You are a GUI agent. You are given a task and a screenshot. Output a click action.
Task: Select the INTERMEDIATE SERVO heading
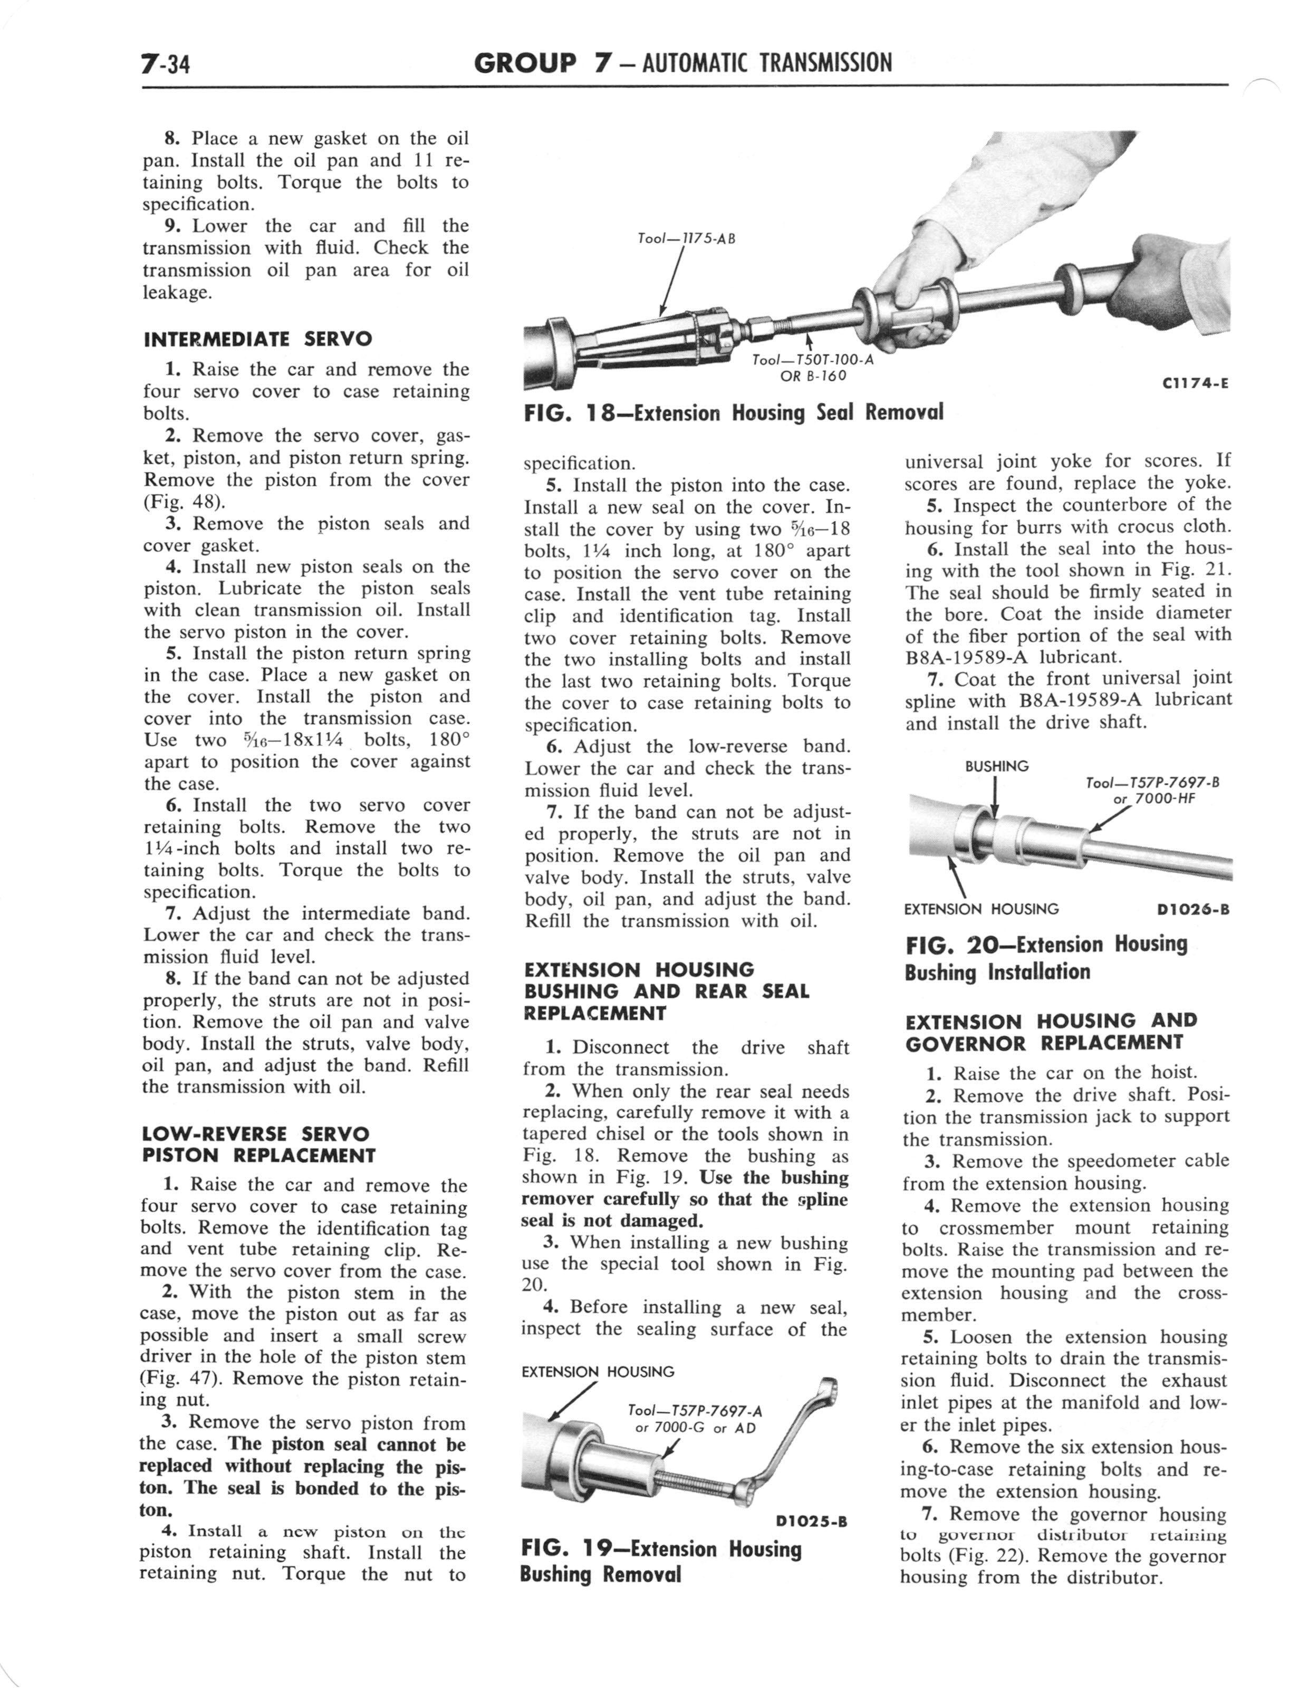[258, 339]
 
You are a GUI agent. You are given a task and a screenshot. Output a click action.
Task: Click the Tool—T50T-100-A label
[813, 368]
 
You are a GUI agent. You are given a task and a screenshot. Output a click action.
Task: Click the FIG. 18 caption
[733, 412]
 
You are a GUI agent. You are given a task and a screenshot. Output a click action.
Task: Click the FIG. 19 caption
[660, 1561]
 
